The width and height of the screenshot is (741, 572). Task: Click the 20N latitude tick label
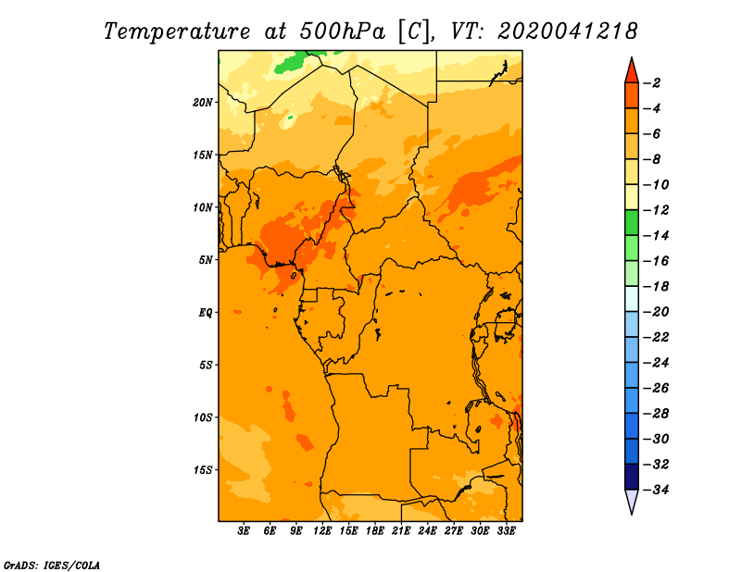tap(203, 103)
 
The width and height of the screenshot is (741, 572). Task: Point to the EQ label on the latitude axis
tap(205, 313)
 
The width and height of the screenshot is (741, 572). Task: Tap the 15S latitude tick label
tap(203, 470)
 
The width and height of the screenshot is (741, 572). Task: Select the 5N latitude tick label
tap(206, 260)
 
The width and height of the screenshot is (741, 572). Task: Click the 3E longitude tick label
tap(244, 531)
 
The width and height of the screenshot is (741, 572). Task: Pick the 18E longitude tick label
tap(375, 531)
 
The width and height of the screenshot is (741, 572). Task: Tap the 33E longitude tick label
tap(506, 531)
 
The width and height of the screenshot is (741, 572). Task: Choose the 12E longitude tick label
tap(322, 531)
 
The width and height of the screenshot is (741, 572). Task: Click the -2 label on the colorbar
tap(653, 83)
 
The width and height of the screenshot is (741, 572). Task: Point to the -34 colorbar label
tap(656, 490)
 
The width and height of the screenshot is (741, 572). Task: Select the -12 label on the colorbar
tap(656, 210)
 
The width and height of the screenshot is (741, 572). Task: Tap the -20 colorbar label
tap(656, 312)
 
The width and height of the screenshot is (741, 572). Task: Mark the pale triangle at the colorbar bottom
tap(632, 500)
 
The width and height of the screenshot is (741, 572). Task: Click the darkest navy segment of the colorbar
tap(632, 477)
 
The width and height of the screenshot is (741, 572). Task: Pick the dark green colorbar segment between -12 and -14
tap(632, 222)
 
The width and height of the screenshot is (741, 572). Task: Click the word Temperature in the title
tap(176, 31)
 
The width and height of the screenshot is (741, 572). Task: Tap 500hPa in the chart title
tap(343, 31)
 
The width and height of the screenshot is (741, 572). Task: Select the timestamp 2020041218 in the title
tap(567, 31)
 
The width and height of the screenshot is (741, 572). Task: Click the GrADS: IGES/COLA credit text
tap(52, 566)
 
